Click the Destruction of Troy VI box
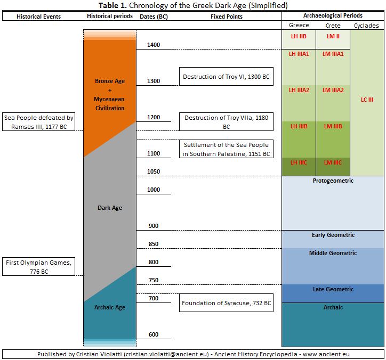(x=226, y=77)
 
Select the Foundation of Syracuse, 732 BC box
(x=226, y=303)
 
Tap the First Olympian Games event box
(x=38, y=266)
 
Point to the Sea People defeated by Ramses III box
(x=38, y=121)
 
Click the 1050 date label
(x=154, y=171)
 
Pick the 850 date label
(x=154, y=244)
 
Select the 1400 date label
(x=154, y=45)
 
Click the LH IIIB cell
(x=299, y=126)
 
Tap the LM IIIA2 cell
(x=333, y=90)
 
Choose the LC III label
(x=367, y=100)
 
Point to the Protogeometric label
(x=333, y=181)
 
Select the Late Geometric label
(x=333, y=289)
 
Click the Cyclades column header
(x=367, y=25)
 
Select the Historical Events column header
(x=38, y=17)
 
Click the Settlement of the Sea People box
(x=226, y=150)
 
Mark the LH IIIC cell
(x=299, y=162)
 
